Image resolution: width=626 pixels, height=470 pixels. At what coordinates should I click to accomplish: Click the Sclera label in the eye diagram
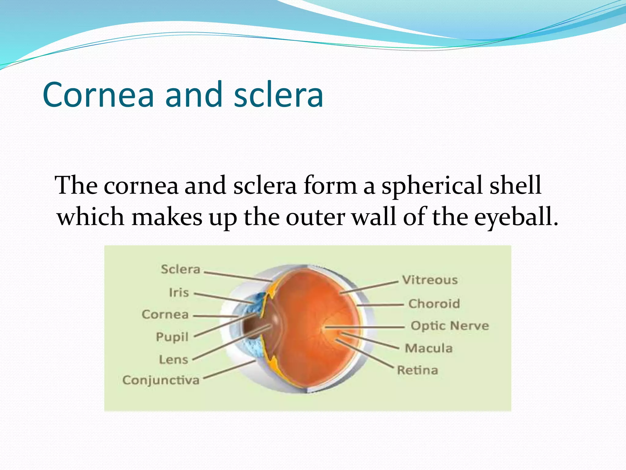pyautogui.click(x=180, y=269)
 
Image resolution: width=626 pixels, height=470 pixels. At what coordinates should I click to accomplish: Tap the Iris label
pyautogui.click(x=179, y=293)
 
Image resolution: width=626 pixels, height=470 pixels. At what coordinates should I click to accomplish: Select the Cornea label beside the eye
pyautogui.click(x=165, y=315)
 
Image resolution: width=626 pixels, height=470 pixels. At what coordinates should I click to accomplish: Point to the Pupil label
pyautogui.click(x=172, y=337)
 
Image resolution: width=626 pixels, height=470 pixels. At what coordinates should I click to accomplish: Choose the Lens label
pyautogui.click(x=173, y=360)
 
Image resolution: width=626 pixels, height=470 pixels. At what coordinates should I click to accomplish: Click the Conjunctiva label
pyautogui.click(x=161, y=380)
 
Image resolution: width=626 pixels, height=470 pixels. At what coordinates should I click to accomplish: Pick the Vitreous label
pyautogui.click(x=430, y=280)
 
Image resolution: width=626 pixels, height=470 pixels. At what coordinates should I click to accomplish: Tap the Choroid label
pyautogui.click(x=434, y=304)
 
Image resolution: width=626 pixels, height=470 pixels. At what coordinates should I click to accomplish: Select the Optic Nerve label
pyautogui.click(x=450, y=326)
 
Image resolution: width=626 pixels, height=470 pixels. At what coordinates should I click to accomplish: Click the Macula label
pyautogui.click(x=429, y=348)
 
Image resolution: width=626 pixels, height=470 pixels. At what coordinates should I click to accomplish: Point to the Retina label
pyautogui.click(x=418, y=370)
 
